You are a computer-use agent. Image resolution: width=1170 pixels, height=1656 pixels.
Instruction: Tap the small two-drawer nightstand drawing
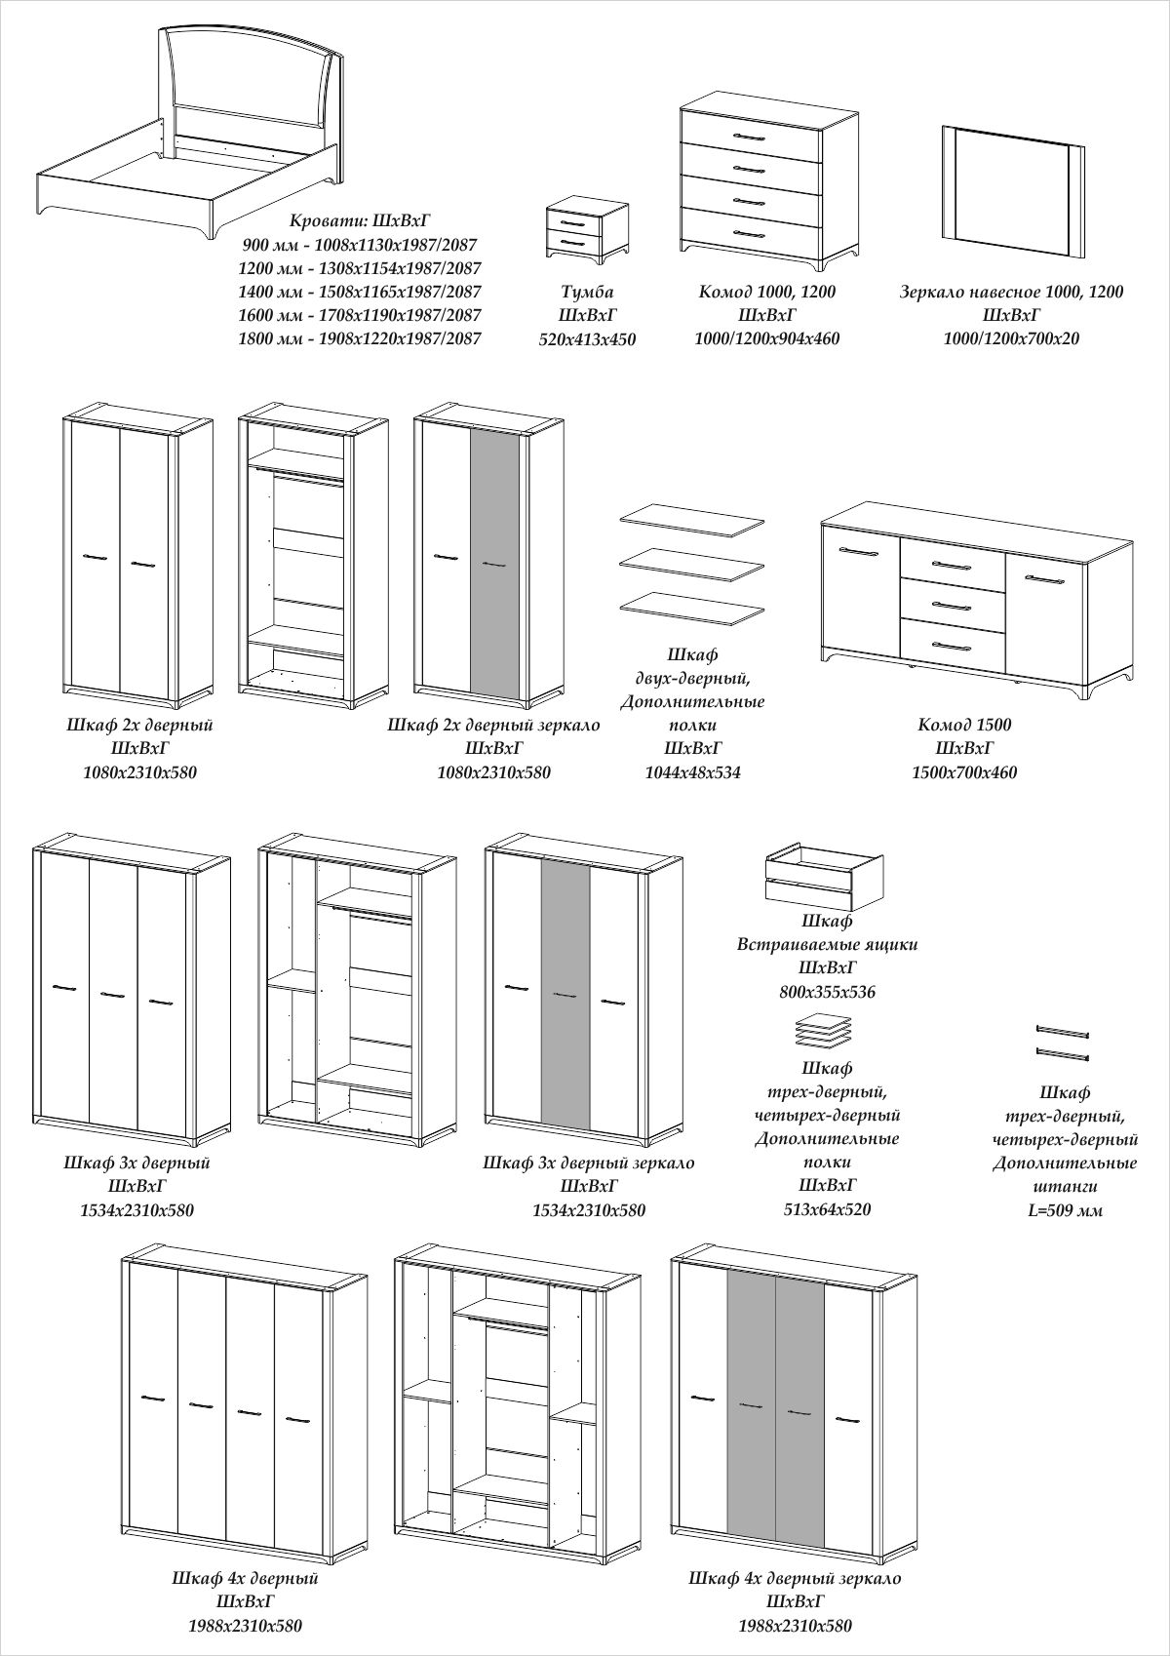pos(588,230)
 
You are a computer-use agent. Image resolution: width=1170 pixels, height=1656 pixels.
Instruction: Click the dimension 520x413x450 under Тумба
pos(587,339)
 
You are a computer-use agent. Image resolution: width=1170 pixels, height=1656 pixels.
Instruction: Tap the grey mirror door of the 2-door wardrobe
pos(495,561)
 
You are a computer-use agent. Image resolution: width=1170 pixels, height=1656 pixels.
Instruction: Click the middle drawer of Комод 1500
pos(952,605)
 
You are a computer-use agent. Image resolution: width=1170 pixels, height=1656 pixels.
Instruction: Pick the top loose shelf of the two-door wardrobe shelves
pos(691,521)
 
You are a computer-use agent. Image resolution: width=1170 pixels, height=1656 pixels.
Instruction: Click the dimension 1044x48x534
pos(691,772)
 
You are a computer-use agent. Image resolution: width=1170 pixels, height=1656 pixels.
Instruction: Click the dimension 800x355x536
pos(826,993)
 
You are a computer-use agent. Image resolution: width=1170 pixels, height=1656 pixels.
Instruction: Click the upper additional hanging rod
pos(1064,1032)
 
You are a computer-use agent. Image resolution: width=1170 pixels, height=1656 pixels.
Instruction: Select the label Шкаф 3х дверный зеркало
pos(589,1163)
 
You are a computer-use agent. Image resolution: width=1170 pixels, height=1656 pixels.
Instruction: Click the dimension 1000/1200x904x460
pos(766,338)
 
